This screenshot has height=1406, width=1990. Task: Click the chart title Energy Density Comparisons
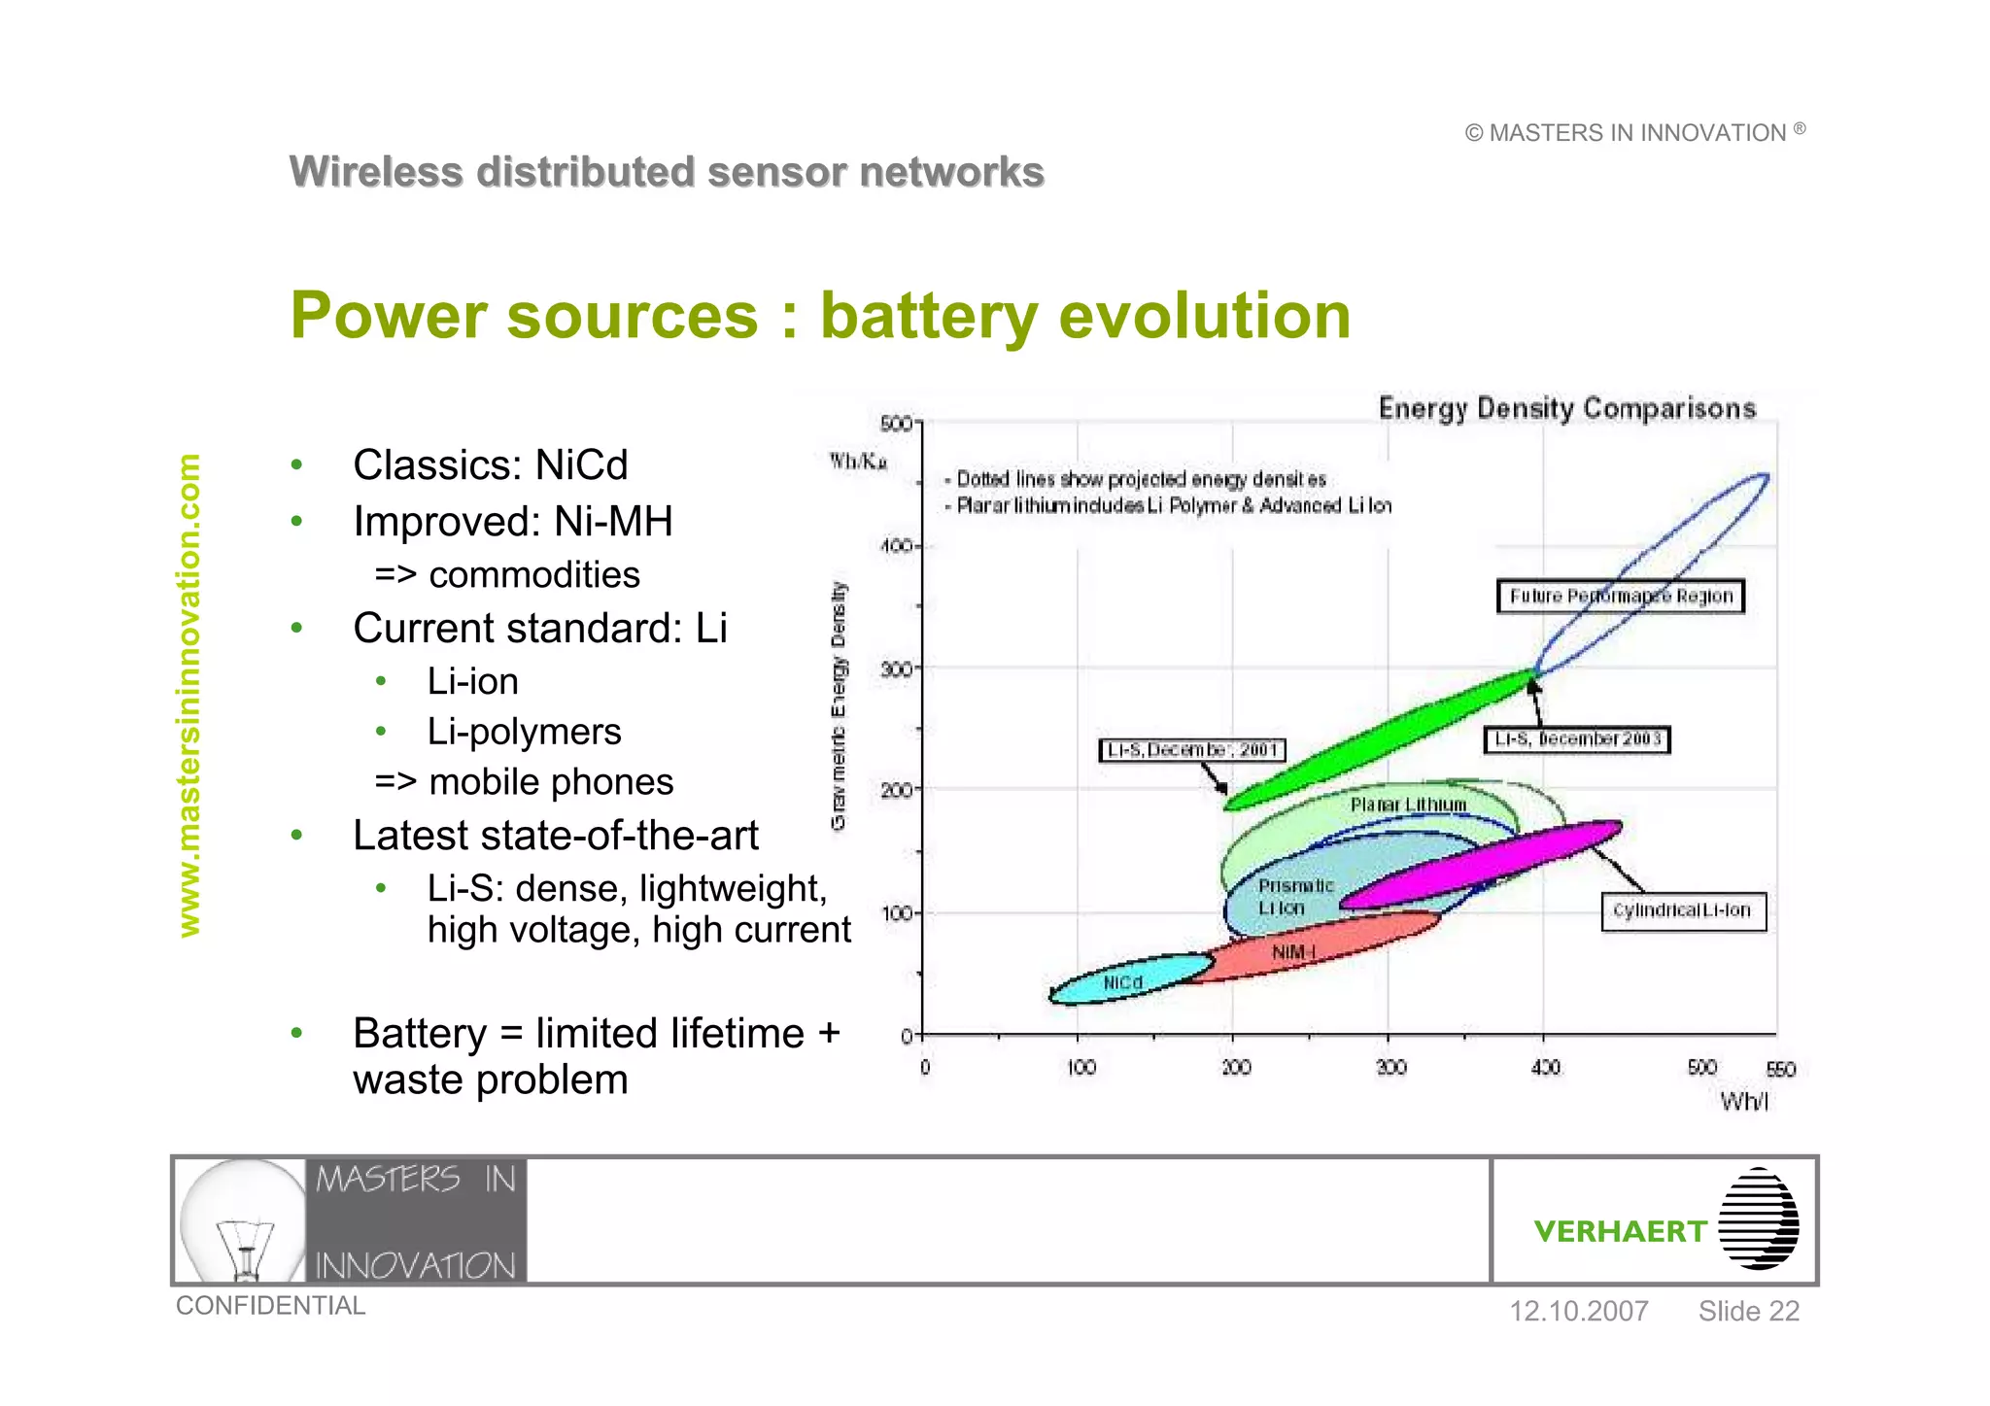pos(1566,408)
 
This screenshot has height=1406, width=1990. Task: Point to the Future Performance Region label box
pos(1620,597)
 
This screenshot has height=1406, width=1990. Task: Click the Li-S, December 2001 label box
pos(1192,750)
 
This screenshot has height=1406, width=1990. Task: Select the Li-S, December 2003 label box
pos(1576,740)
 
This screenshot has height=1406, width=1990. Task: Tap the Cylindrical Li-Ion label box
pos(1682,911)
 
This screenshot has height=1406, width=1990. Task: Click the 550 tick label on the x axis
pos(1780,1070)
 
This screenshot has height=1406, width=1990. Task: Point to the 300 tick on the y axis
pos(896,669)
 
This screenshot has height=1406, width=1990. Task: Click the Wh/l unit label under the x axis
pos(1744,1102)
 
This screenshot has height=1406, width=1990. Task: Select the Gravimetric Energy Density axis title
pos(839,706)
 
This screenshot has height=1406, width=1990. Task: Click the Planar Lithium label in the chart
pos(1408,805)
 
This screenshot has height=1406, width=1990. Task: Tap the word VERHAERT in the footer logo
pos(1620,1232)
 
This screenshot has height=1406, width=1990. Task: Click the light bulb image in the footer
pos(242,1221)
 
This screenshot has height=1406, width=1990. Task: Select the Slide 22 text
pos(1748,1312)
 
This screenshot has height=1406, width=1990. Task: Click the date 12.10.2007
pos(1578,1312)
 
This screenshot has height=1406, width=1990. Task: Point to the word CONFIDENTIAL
pos(270,1306)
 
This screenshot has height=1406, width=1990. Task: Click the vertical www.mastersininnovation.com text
pos(189,696)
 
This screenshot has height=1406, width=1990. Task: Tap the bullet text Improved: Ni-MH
pos(512,522)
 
